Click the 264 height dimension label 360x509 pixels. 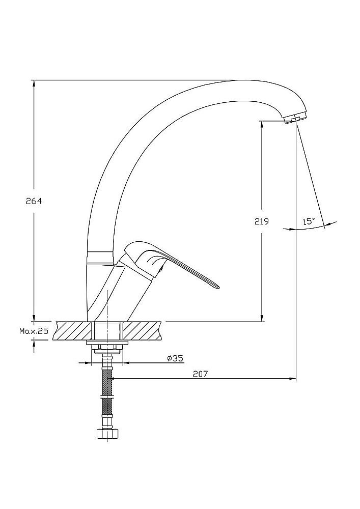pos(34,201)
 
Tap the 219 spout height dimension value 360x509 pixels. pos(261,221)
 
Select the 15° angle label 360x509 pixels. pos(309,221)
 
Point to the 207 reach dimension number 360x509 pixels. pos(200,374)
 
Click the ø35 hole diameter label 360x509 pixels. pos(175,358)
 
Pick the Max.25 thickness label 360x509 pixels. pos(34,331)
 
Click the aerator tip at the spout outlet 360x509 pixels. pos(295,119)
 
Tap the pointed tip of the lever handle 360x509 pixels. pos(218,286)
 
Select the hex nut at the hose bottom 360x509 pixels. pos(107,433)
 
